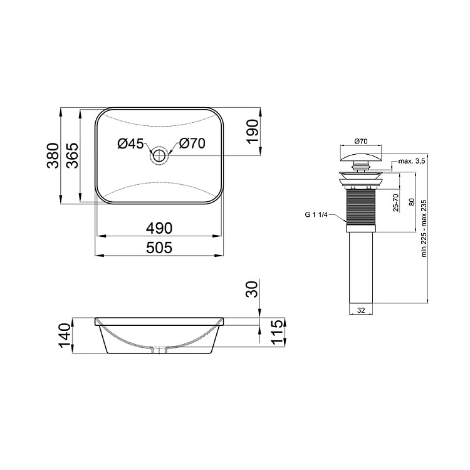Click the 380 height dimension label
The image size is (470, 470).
coord(54,156)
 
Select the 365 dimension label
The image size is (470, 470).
coord(72,156)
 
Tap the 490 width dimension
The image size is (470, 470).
coord(159,228)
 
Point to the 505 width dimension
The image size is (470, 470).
coord(159,248)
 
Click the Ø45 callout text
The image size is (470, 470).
coord(131,144)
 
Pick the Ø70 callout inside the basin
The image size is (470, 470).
coord(192,144)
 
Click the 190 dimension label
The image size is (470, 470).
coord(252,132)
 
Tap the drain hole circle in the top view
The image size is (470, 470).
coord(159,155)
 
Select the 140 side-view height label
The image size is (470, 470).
coord(65,335)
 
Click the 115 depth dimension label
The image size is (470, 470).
coord(276,332)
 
